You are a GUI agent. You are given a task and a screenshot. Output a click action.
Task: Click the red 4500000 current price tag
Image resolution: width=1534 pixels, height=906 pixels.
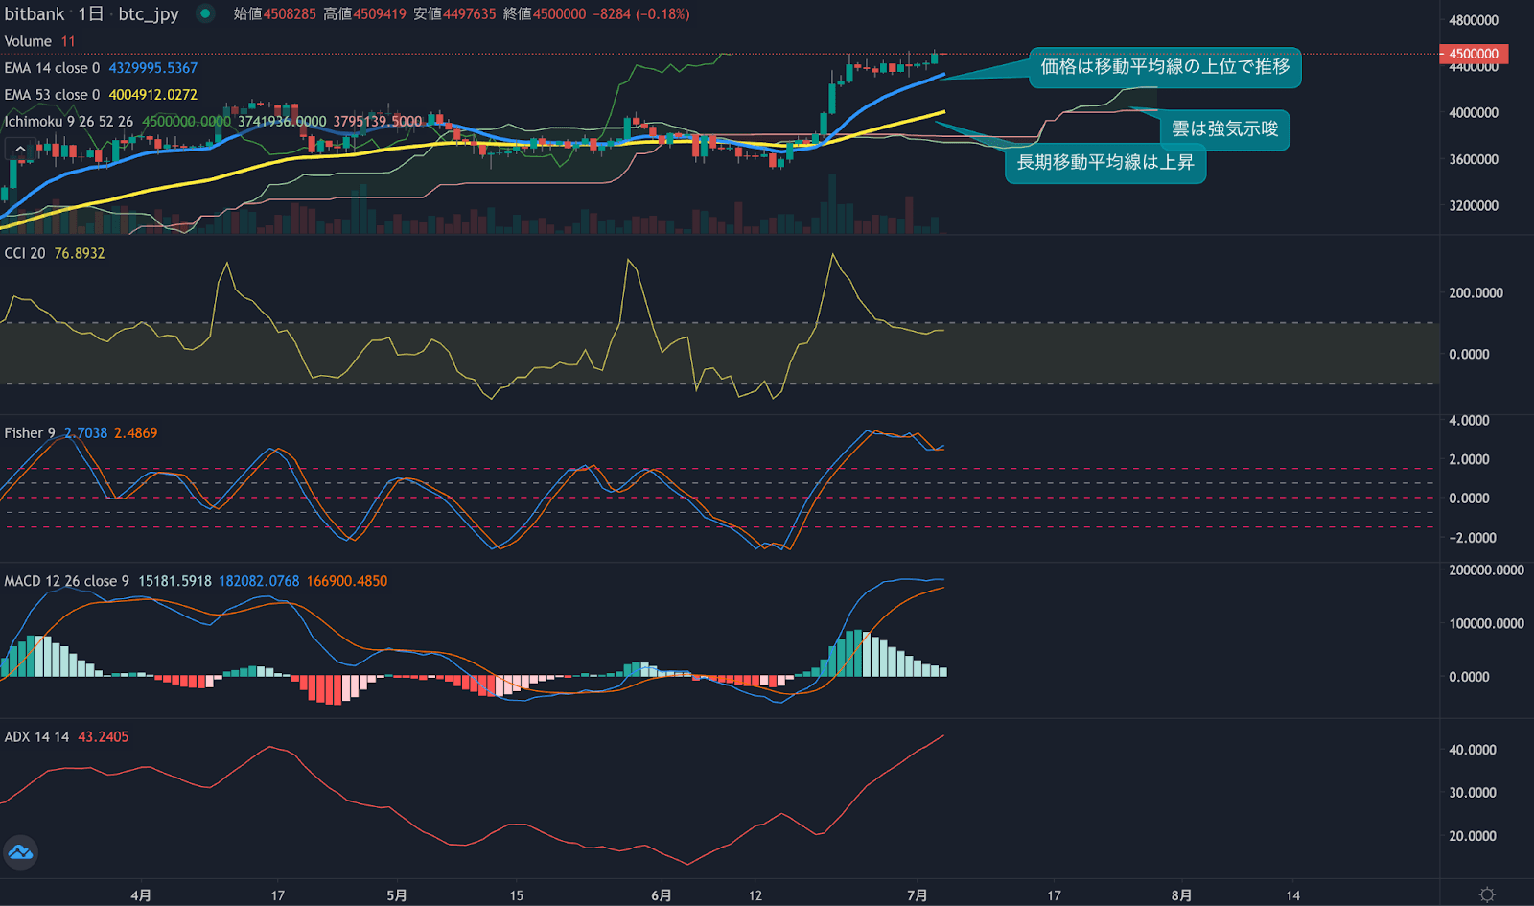pos(1474,54)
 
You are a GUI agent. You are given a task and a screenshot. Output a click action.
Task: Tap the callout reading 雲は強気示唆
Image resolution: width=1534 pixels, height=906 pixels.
pos(1224,129)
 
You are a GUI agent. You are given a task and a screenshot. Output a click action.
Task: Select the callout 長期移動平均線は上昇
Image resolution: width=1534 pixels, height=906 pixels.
pos(1104,163)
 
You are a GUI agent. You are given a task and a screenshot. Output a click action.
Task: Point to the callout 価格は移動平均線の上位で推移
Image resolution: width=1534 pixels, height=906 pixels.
pos(1165,67)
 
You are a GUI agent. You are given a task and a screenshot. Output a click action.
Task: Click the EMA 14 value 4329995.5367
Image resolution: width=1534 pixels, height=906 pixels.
pos(152,68)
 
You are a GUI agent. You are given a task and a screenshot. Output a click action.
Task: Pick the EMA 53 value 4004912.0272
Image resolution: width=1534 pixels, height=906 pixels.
pos(152,95)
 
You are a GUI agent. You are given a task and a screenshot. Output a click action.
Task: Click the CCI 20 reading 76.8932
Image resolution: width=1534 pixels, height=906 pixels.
pos(80,253)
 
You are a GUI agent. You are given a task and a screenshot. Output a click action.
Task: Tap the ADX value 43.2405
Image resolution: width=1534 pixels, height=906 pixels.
pos(103,737)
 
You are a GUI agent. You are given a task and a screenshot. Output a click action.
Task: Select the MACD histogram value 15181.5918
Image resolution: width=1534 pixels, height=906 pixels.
pos(174,581)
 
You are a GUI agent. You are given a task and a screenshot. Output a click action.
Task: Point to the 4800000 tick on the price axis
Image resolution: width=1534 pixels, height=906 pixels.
pos(1474,20)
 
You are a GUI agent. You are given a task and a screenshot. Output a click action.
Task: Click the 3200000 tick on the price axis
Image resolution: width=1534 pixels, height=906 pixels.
pos(1474,205)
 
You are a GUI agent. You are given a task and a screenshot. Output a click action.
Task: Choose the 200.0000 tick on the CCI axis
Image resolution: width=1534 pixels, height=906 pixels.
pos(1476,293)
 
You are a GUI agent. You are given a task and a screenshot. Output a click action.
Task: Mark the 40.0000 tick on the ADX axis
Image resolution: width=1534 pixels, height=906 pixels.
pos(1473,750)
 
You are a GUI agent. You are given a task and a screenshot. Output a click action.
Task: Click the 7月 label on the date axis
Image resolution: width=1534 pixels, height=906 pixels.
pos(917,895)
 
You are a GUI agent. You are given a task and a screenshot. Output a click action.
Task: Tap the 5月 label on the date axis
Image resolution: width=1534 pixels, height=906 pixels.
pos(396,895)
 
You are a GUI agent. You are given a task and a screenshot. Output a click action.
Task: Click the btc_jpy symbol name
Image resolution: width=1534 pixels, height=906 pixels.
pos(149,14)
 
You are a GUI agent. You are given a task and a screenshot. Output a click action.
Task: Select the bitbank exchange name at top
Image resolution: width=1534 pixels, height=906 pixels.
pos(35,14)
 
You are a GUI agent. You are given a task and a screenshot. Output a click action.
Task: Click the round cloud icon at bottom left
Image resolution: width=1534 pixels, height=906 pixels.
pos(20,852)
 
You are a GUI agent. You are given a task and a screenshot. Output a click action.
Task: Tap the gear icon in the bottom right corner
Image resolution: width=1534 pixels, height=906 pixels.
pos(1487,894)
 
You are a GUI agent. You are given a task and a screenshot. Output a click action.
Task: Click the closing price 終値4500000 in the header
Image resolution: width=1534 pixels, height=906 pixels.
pos(545,14)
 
